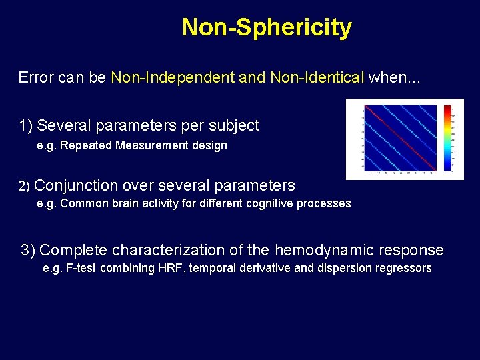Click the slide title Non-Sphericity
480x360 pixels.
tap(267, 28)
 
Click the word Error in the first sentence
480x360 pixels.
tap(35, 77)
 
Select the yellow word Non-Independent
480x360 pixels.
tap(173, 77)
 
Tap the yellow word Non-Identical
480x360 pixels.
tap(317, 77)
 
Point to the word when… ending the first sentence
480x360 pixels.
tap(395, 77)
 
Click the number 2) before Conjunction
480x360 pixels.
tap(24, 186)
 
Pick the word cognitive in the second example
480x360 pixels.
tap(267, 203)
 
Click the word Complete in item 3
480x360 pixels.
tap(73, 251)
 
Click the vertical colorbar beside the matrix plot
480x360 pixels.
tap(448, 139)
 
